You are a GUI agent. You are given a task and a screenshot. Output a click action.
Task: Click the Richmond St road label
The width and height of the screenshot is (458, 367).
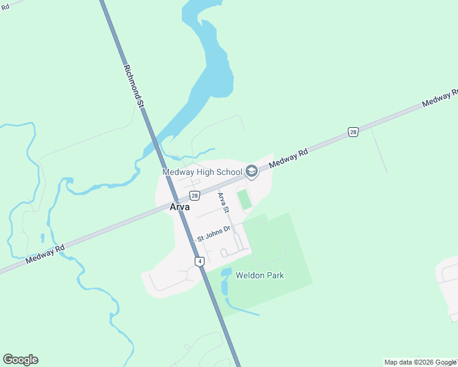tap(133, 87)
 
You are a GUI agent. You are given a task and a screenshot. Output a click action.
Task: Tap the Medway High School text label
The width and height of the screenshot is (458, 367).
tap(202, 172)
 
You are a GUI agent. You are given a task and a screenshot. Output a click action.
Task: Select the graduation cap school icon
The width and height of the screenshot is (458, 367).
tap(252, 172)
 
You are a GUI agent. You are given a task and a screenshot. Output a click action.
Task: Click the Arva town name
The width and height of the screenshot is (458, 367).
tap(179, 207)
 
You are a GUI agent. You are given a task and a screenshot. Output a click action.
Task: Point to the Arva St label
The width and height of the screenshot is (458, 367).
tap(223, 202)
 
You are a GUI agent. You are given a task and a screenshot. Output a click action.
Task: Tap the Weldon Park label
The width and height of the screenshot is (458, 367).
tap(260, 276)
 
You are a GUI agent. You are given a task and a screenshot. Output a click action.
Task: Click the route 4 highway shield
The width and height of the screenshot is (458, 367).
tap(200, 261)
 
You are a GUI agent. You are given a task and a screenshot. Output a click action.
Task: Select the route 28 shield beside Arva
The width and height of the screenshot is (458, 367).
tap(194, 196)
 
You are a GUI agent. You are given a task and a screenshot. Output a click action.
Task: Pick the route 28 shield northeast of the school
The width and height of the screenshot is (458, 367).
tap(353, 132)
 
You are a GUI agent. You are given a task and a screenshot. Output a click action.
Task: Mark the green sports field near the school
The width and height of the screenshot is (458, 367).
tap(244, 199)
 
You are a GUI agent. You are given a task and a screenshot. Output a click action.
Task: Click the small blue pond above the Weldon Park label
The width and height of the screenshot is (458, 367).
tap(226, 272)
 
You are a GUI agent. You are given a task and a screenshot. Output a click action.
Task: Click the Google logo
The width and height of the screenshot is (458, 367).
tap(20, 360)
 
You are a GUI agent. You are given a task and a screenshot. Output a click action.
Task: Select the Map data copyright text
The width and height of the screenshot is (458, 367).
tap(421, 362)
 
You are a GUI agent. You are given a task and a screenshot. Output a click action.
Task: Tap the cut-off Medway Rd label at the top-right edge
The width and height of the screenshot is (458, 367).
tap(441, 98)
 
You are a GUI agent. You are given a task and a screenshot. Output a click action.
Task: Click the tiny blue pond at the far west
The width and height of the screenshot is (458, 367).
tap(42, 237)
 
